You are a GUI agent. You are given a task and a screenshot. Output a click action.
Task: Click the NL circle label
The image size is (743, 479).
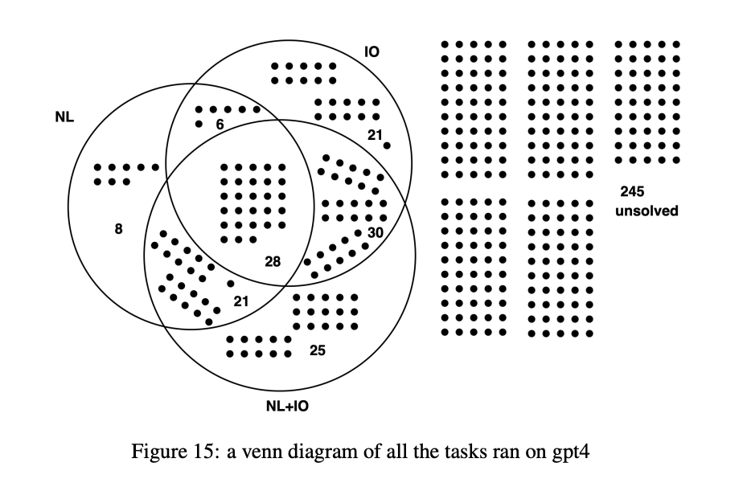pos(64,117)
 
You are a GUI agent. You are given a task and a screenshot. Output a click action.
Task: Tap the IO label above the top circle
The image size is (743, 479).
pos(371,52)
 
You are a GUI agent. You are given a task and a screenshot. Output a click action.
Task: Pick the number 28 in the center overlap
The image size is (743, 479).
pos(273,261)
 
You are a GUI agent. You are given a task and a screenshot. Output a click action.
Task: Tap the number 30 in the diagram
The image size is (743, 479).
pos(375,232)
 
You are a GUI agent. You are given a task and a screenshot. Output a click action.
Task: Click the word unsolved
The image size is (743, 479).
pos(647,211)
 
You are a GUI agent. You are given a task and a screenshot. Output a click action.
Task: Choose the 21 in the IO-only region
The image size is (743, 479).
pos(375,135)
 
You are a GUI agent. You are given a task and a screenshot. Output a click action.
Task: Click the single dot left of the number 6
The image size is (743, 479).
pos(199,124)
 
